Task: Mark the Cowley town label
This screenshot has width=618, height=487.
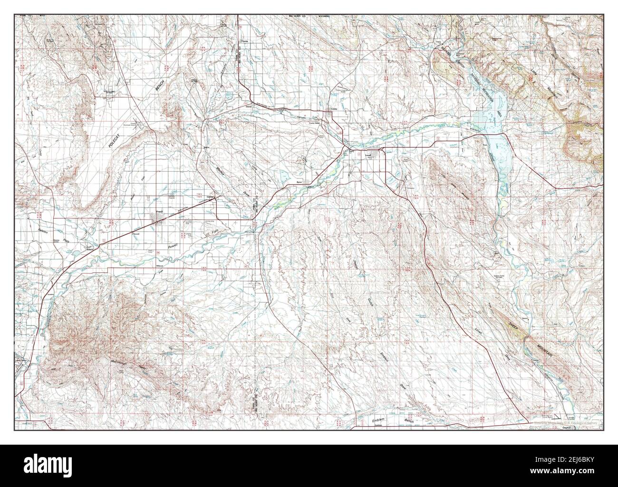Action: coord(334,110)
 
